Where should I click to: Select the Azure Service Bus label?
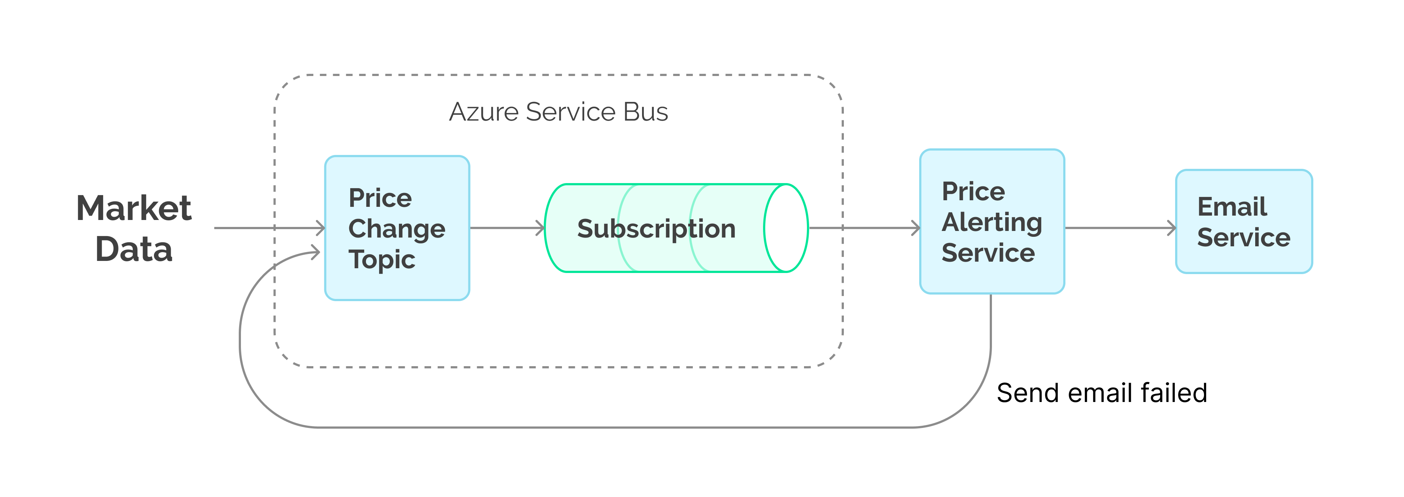(558, 112)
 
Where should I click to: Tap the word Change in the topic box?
(396, 229)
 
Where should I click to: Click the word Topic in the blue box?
(381, 259)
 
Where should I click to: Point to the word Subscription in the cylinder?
(656, 229)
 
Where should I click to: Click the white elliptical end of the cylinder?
(785, 228)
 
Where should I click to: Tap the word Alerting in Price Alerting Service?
(992, 222)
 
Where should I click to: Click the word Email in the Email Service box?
(1232, 207)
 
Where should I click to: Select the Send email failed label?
(1102, 393)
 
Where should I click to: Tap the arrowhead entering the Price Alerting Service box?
(916, 228)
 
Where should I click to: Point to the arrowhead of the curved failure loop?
(316, 252)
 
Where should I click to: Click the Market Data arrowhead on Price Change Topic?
(321, 228)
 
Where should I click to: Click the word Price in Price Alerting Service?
(973, 191)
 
